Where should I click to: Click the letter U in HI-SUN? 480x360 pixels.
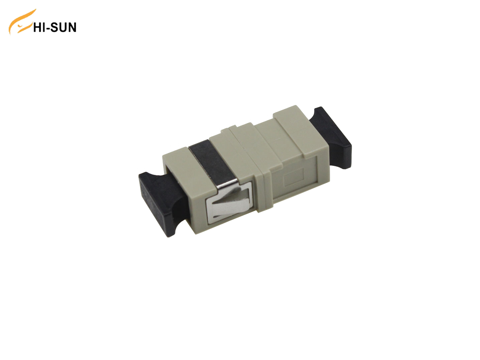[x=62, y=27]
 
